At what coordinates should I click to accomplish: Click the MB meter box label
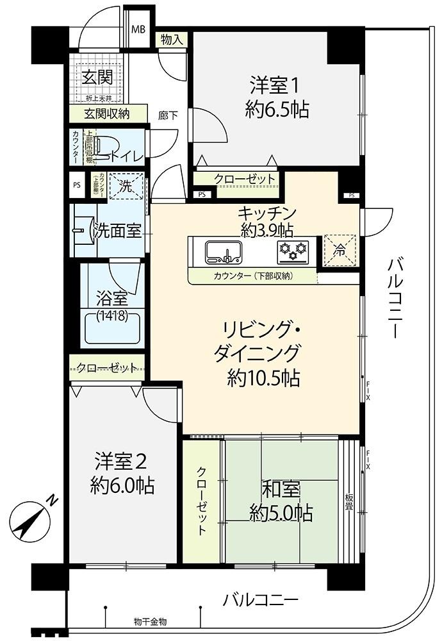coord(138,29)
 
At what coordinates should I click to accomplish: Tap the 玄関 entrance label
coord(97,78)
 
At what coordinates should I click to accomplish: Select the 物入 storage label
coord(172,39)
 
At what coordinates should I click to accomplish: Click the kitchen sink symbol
coord(222,251)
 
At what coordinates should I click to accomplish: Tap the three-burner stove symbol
coord(293,250)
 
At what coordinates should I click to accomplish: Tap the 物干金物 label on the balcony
coord(151,621)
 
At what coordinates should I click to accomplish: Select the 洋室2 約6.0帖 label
coord(122,473)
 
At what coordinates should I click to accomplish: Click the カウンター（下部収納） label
coord(252,277)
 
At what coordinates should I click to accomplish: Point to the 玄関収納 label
coord(107,114)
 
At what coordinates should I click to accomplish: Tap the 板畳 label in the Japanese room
coord(349,503)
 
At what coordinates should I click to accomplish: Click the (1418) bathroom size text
coord(112,315)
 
